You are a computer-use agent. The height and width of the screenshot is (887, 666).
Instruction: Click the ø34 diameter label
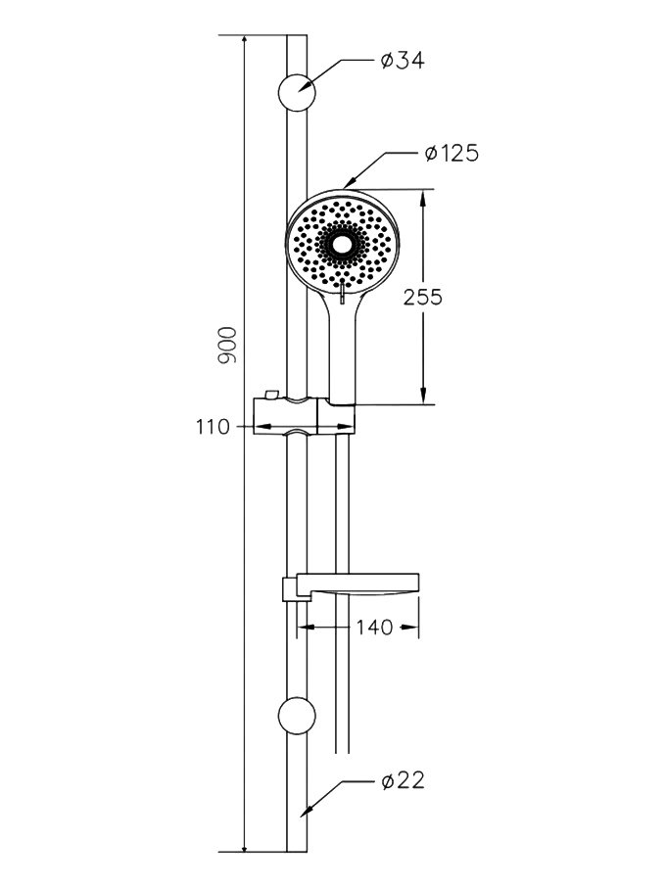403,60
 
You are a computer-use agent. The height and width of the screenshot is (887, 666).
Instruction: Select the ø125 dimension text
452,153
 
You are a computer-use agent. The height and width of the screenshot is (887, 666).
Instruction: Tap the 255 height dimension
423,297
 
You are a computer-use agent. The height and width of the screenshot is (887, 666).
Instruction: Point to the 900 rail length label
227,345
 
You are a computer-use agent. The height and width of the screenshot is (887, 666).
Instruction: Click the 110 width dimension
214,427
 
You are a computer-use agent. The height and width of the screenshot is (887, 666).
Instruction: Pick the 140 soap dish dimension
374,627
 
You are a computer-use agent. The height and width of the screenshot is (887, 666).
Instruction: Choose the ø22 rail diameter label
403,780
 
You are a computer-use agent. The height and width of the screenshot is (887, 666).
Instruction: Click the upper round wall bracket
297,92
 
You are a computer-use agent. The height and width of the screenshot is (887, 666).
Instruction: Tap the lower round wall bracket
297,716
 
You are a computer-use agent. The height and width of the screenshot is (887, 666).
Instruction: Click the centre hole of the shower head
341,244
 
